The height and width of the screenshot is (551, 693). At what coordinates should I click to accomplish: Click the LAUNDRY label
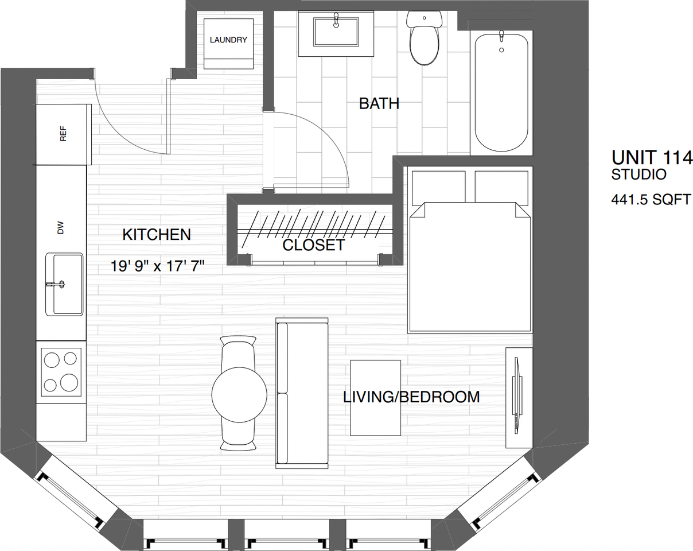tap(228, 40)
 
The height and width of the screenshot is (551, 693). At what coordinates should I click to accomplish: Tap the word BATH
tap(379, 104)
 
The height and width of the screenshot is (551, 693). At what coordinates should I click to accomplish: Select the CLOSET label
tap(314, 246)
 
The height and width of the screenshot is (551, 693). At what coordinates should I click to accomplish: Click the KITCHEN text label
tap(157, 235)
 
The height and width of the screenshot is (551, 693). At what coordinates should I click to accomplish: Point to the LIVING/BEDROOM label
tap(411, 397)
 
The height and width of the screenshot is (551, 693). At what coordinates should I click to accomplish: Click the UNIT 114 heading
tap(652, 157)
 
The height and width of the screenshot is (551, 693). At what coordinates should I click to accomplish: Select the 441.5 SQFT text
tap(651, 200)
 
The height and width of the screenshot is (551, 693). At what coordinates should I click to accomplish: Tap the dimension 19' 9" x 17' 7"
tap(158, 266)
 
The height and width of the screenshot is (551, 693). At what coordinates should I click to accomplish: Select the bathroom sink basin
tap(336, 33)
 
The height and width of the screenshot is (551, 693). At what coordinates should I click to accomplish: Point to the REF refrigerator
tap(63, 134)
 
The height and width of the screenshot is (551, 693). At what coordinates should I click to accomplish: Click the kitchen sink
tap(68, 284)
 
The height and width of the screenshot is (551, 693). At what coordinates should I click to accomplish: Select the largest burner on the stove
tap(69, 383)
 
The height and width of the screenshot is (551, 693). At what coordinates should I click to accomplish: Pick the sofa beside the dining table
tap(302, 393)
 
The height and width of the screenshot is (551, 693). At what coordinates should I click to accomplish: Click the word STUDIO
tap(639, 174)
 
